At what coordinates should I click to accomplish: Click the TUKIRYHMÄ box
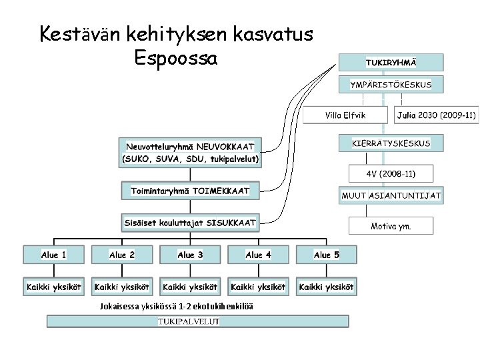(391, 62)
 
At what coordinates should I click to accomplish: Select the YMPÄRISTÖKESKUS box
(391, 85)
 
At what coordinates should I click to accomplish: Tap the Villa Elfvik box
(345, 115)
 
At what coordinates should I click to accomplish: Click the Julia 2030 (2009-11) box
(437, 115)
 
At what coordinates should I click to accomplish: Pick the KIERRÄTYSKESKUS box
(391, 143)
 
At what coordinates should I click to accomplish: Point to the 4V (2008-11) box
(391, 174)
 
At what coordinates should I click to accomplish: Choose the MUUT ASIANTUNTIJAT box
(391, 196)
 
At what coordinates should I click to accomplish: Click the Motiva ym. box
(391, 226)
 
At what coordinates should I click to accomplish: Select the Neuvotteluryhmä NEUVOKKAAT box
(191, 152)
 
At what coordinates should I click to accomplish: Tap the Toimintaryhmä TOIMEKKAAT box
(191, 191)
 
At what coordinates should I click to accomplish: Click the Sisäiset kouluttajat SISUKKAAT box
(191, 223)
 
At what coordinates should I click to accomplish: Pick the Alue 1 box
(54, 255)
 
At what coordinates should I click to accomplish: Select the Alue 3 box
(190, 255)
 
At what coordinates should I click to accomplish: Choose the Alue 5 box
(327, 255)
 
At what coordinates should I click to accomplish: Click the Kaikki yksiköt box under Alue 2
(122, 287)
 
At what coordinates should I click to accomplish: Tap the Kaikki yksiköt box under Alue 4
(258, 287)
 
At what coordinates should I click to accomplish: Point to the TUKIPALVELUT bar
(197, 321)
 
